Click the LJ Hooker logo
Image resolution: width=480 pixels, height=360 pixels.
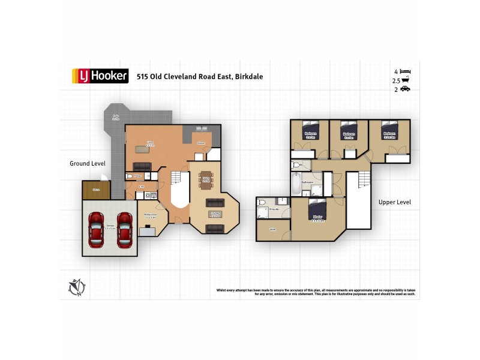[x=100, y=76]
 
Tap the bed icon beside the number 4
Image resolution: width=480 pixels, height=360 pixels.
[x=405, y=71]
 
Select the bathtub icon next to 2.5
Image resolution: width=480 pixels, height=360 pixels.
[x=406, y=80]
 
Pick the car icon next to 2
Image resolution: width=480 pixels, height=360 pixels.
[x=406, y=89]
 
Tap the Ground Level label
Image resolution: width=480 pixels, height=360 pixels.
[x=88, y=163]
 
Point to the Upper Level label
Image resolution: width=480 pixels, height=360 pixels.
[x=394, y=202]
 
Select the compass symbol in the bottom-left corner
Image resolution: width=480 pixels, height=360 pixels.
[x=76, y=288]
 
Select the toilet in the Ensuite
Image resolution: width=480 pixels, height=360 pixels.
[x=262, y=203]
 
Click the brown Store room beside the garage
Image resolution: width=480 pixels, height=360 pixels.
[x=96, y=190]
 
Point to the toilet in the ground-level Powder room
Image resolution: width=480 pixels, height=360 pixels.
[x=130, y=176]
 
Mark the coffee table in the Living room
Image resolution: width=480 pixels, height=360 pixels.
[x=215, y=214]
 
